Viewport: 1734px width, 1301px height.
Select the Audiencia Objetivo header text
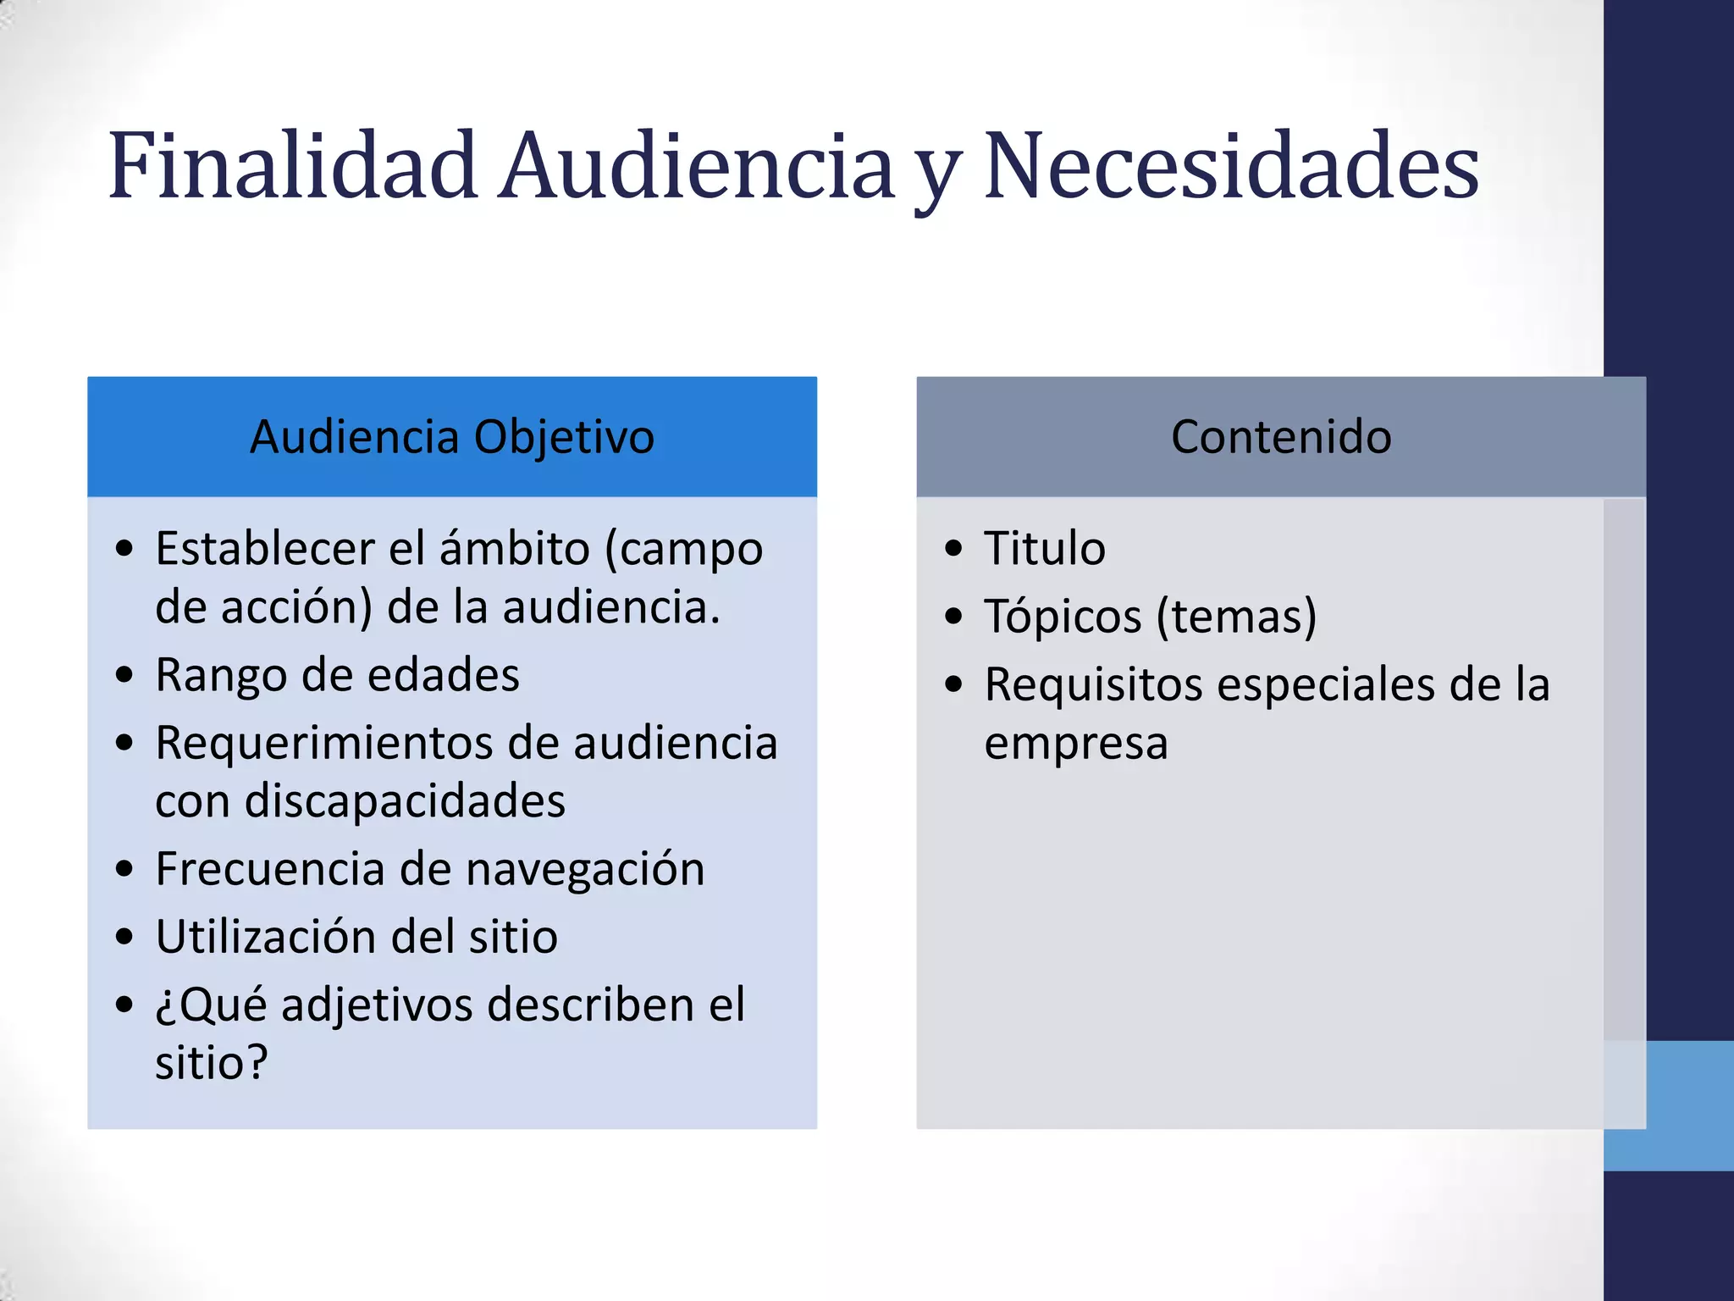coord(452,437)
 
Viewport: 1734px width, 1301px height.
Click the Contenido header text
coord(1281,437)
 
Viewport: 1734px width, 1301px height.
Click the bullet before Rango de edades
coord(125,675)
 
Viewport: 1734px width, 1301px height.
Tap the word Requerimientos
coord(324,743)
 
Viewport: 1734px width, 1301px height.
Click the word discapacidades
coord(405,800)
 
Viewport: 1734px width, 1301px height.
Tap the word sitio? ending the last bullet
coord(212,1062)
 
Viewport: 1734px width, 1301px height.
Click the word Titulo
coord(1045,548)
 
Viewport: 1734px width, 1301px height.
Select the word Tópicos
coord(1063,616)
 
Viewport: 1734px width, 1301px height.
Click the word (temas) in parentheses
coord(1237,616)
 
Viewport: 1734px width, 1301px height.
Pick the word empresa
coord(1076,743)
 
